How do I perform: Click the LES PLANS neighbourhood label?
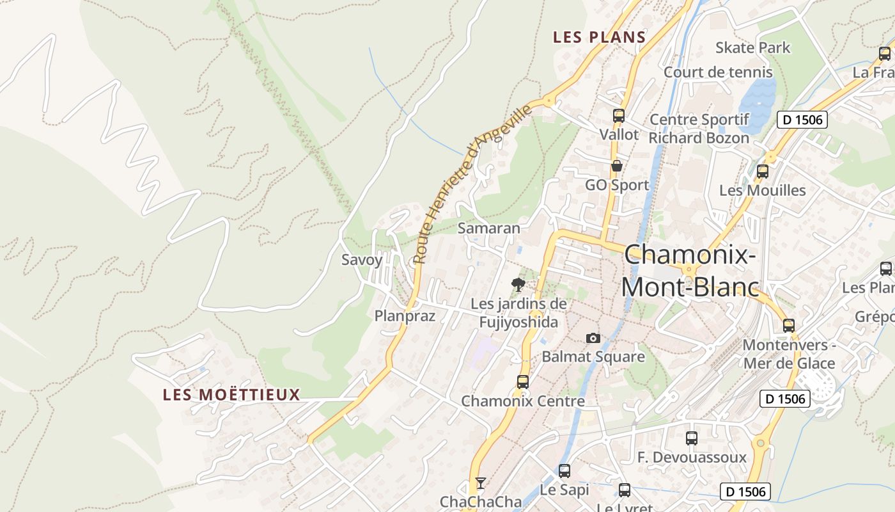pos(599,37)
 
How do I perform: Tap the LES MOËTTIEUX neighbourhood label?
pos(231,394)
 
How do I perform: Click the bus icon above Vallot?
pos(618,116)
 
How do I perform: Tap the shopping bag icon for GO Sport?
pos(617,166)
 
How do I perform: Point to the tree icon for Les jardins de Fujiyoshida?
pos(518,284)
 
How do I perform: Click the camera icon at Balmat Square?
pos(593,338)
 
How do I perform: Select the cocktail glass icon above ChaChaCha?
pos(481,483)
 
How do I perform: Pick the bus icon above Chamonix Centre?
pos(523,382)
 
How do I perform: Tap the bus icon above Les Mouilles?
pos(762,172)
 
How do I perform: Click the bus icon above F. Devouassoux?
pos(692,438)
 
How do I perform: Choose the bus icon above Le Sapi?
pos(564,471)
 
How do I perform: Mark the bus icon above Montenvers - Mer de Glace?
pos(789,326)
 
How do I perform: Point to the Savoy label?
pos(362,260)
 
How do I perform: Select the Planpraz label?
pos(405,316)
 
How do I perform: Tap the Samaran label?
pos(489,228)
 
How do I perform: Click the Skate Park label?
pos(752,47)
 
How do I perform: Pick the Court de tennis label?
pos(718,72)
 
